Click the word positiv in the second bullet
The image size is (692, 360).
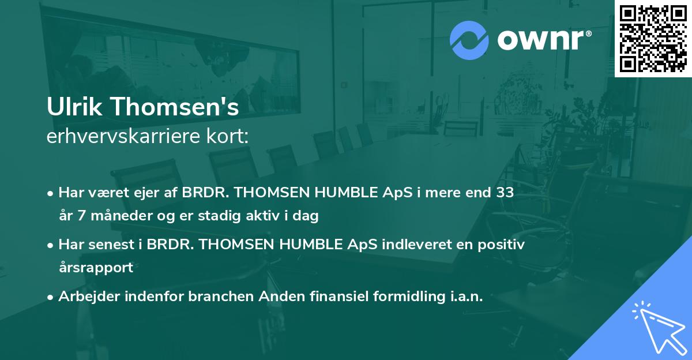501,244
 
